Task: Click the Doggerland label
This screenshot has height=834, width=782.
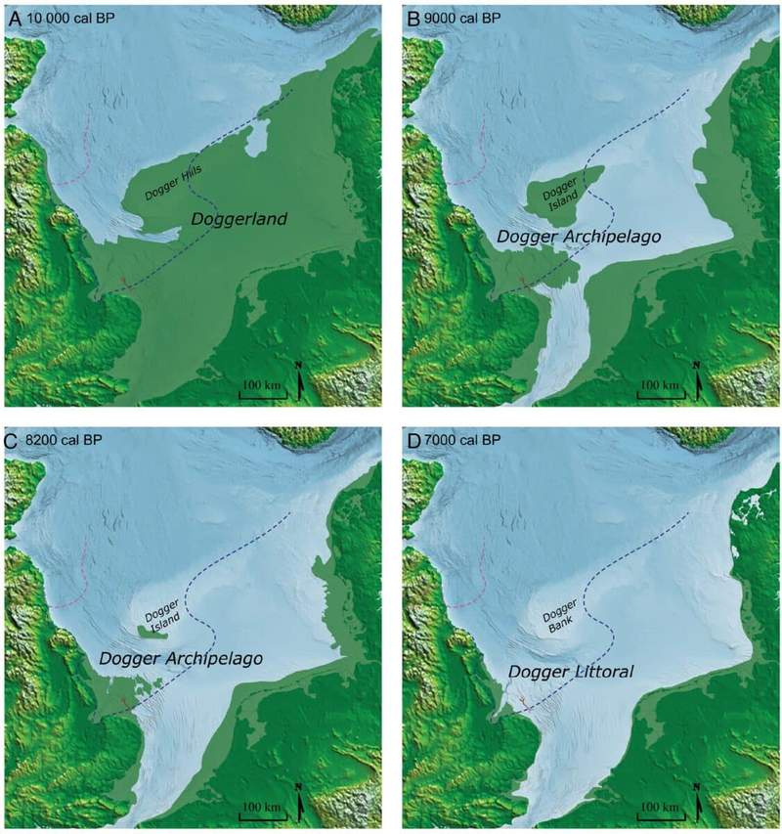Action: coord(239,220)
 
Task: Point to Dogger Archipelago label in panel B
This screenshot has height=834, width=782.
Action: coord(566,238)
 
